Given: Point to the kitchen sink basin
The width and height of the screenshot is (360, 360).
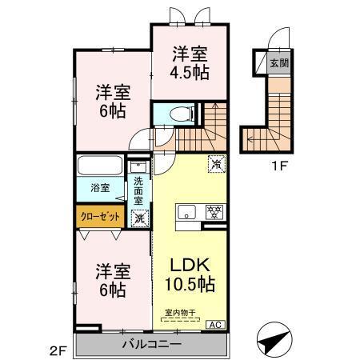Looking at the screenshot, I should (x=186, y=212).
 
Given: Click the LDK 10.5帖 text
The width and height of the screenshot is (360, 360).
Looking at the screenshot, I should (x=189, y=273).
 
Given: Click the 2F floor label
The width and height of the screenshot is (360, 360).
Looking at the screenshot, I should (x=57, y=349).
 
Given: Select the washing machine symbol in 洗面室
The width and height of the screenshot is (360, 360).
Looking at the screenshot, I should (x=139, y=216).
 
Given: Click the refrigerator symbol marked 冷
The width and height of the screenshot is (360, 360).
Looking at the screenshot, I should (x=215, y=162).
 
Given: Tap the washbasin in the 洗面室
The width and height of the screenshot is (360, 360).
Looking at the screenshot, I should (x=139, y=167).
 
